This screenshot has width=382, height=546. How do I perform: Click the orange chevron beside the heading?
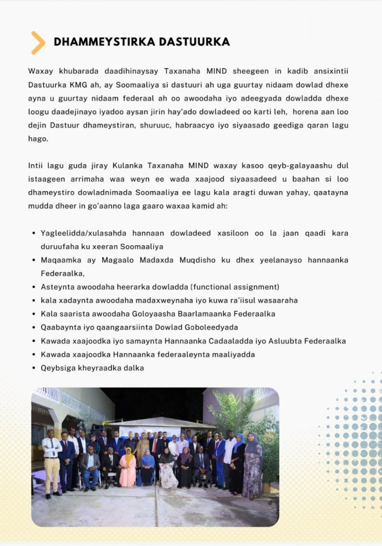tap(38, 43)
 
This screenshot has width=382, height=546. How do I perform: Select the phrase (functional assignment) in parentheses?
tap(235, 287)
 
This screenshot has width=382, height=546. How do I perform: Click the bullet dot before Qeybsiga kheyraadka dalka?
tap(34, 368)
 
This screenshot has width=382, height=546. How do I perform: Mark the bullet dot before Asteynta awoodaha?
tap(34, 287)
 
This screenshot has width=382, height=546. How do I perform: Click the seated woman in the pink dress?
tap(127, 469)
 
